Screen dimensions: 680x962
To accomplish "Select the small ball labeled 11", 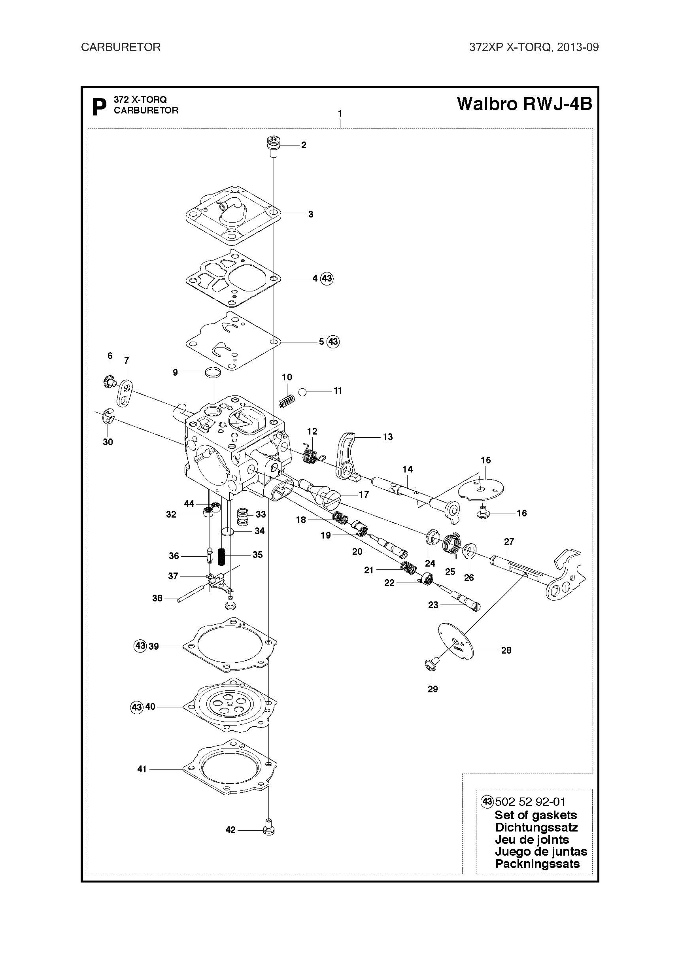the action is click(302, 392).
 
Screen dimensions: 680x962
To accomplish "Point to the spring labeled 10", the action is click(287, 401).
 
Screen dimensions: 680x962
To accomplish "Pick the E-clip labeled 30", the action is click(109, 417).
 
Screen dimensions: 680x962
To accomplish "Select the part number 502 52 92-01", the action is click(530, 802).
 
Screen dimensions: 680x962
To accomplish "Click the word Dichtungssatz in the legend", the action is click(536, 828).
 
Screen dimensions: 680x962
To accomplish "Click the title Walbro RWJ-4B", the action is click(525, 104).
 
